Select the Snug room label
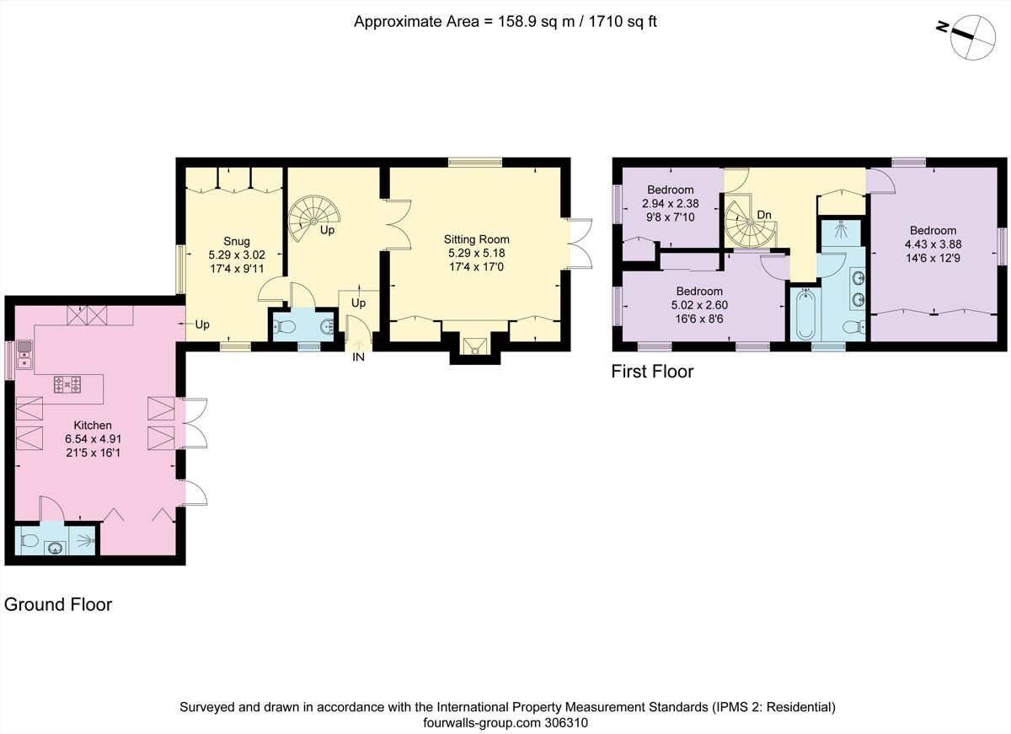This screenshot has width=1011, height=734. pyautogui.click(x=237, y=240)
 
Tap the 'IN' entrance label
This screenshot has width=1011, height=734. pyautogui.click(x=358, y=357)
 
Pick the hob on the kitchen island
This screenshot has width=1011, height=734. pyautogui.click(x=67, y=385)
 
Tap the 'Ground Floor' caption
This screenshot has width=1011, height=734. pyautogui.click(x=58, y=604)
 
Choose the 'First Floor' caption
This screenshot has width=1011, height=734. pyautogui.click(x=653, y=372)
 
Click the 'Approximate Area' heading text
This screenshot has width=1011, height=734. pyautogui.click(x=505, y=22)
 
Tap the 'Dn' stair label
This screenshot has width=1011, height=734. pyautogui.click(x=764, y=215)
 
